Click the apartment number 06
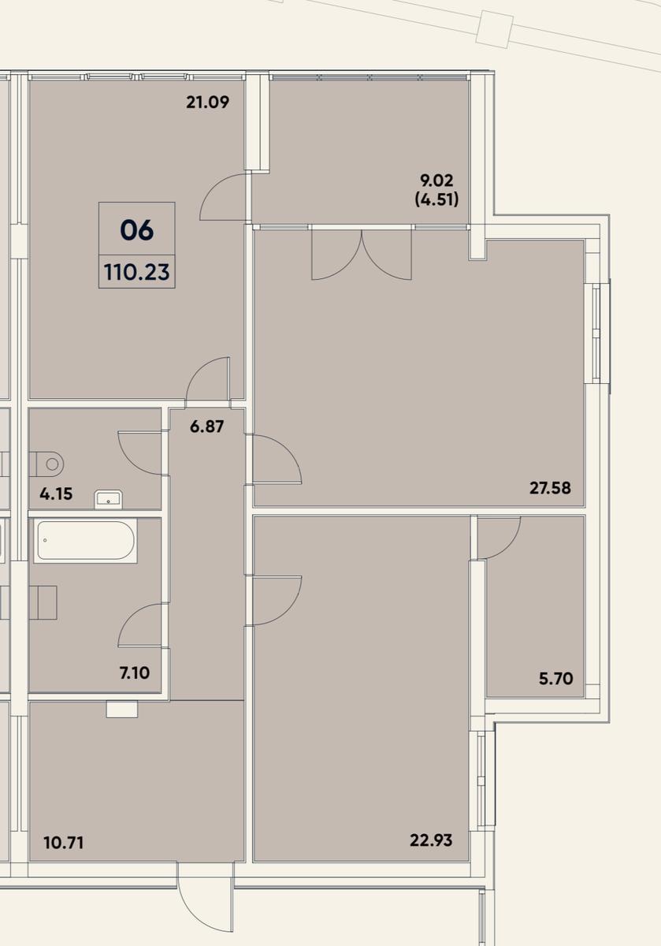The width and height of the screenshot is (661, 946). click(137, 230)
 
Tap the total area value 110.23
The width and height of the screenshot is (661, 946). click(137, 273)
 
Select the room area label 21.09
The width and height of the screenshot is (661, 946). click(208, 102)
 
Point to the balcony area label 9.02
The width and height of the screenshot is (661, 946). click(437, 181)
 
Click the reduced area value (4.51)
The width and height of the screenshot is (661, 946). click(437, 199)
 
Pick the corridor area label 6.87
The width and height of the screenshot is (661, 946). click(207, 426)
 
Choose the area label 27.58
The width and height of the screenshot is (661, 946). click(551, 488)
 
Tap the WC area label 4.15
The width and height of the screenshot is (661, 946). click(56, 493)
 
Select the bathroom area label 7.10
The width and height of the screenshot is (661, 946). click(135, 673)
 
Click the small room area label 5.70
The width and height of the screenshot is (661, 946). click(556, 679)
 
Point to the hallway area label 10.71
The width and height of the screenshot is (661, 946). click(63, 844)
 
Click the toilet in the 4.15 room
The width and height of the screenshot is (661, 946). click(46, 464)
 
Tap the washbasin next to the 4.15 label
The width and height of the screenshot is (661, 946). click(109, 500)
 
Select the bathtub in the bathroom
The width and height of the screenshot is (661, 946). click(85, 541)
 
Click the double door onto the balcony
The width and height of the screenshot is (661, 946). click(362, 253)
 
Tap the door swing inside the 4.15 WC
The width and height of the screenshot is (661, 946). click(140, 453)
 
